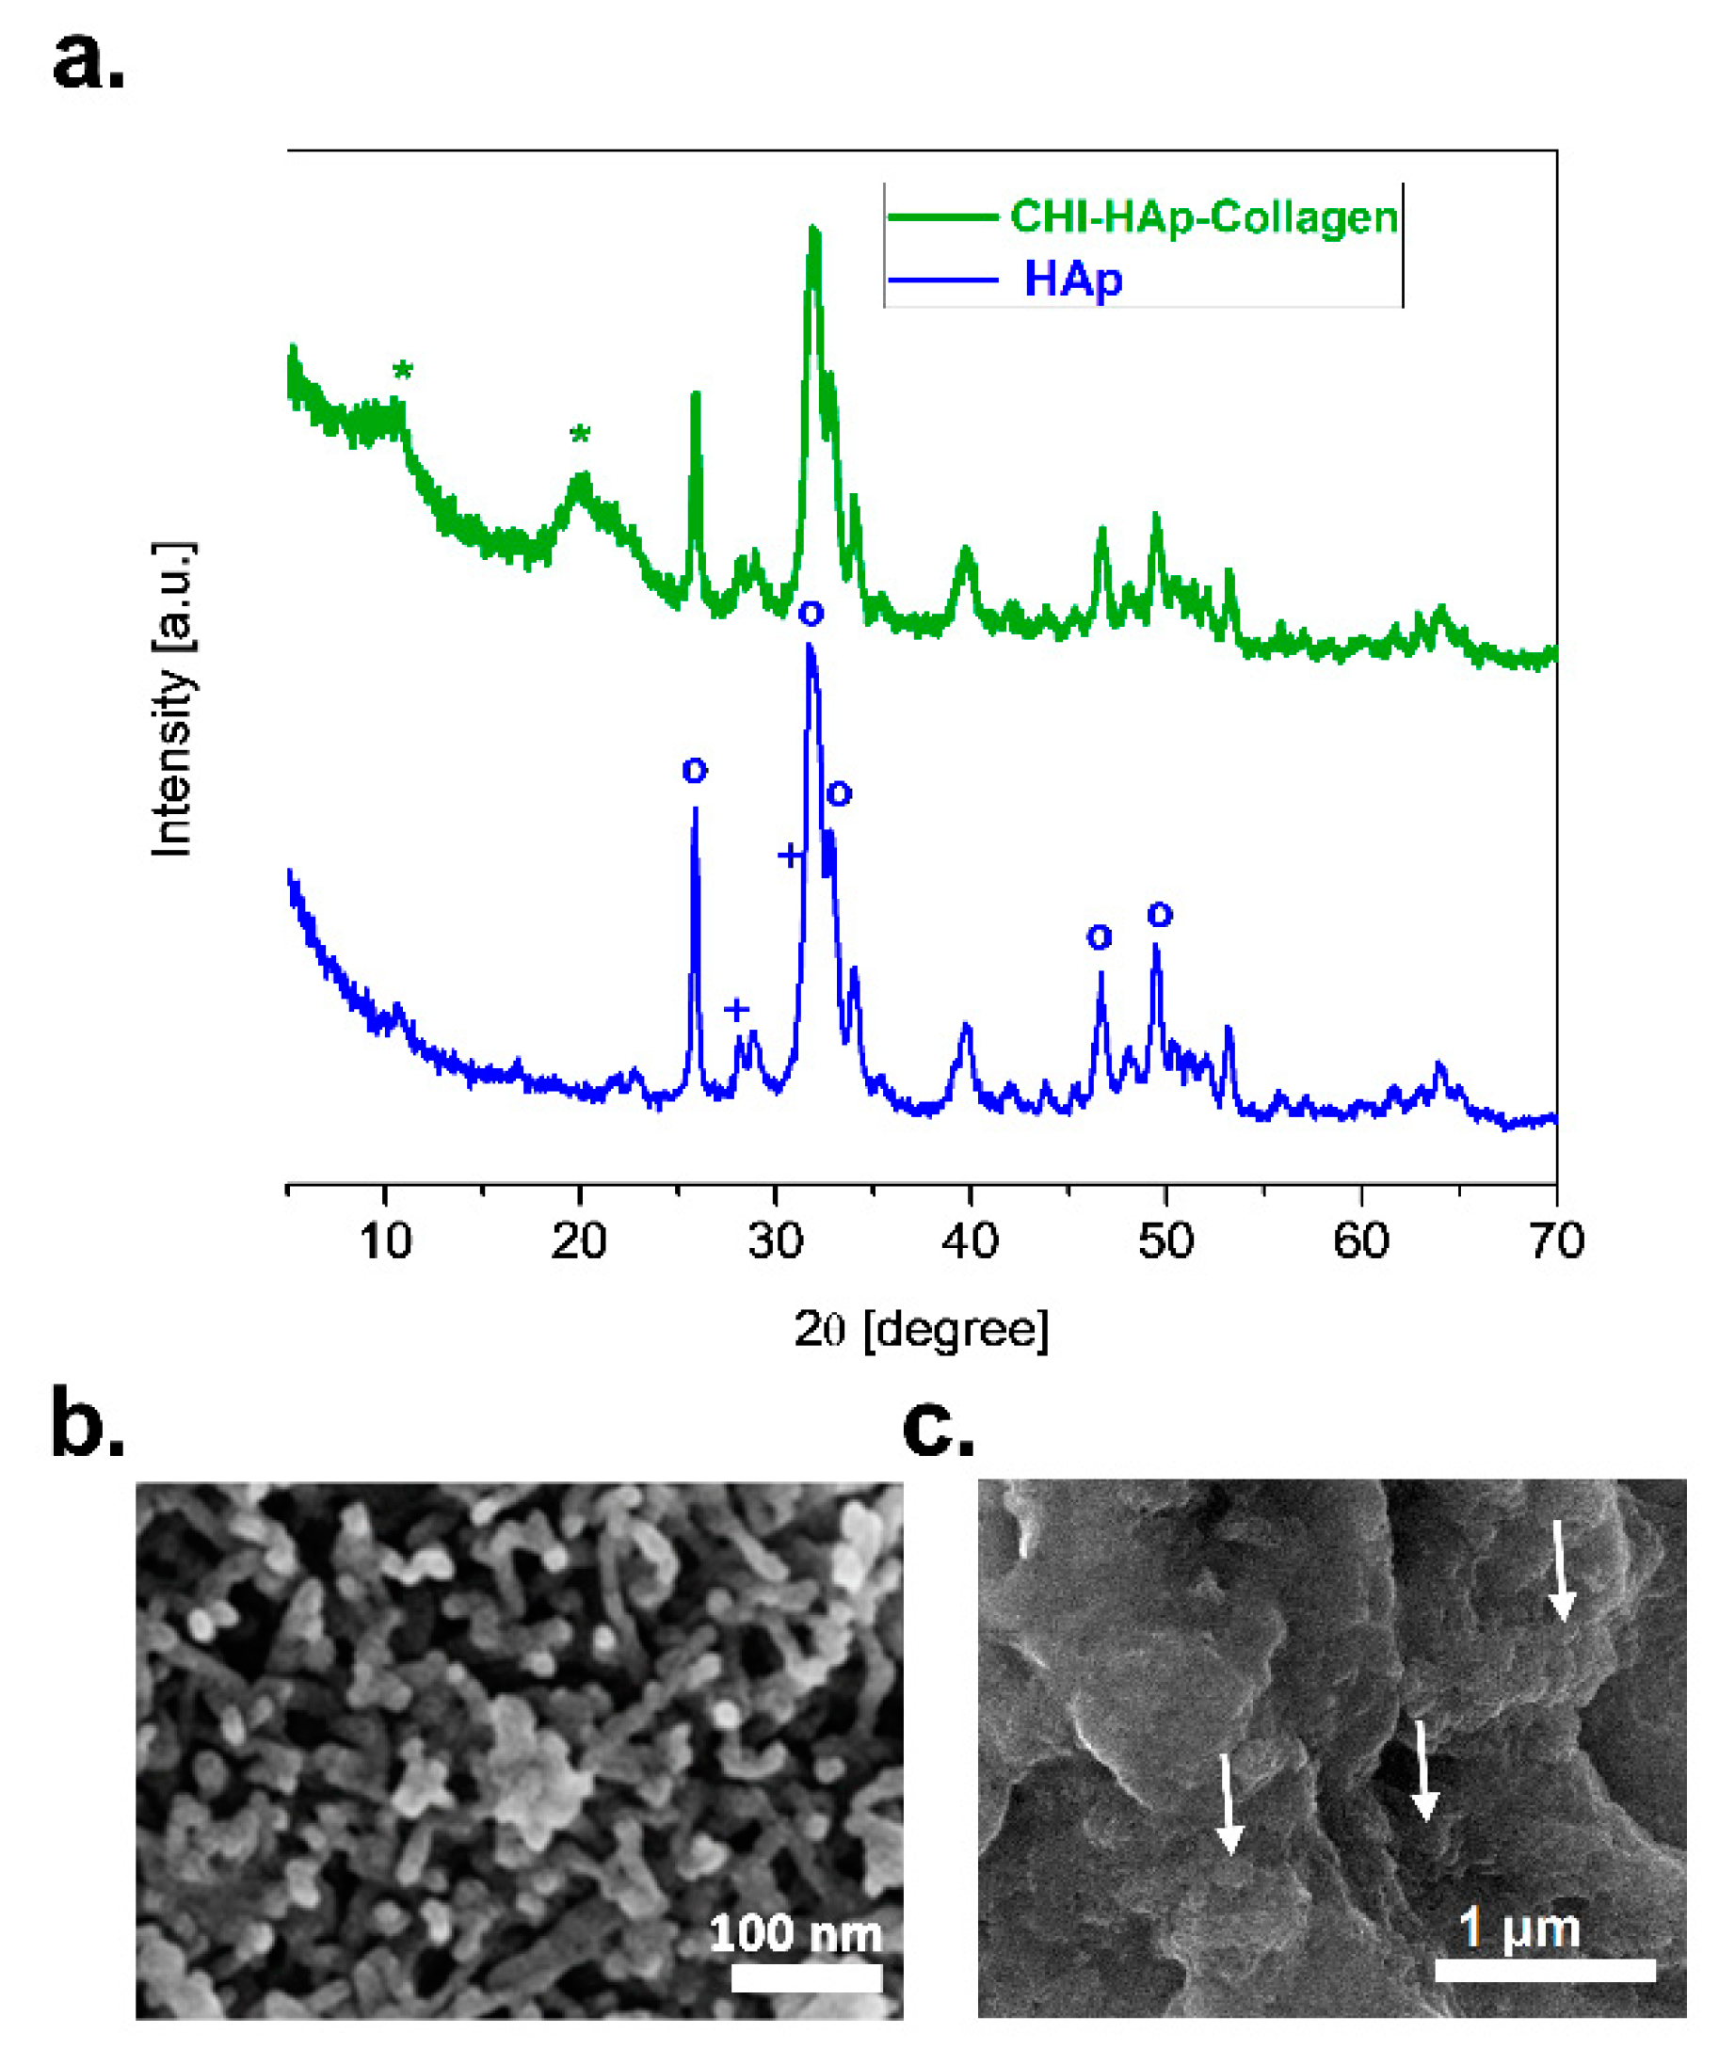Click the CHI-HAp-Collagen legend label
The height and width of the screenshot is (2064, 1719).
click(x=1203, y=217)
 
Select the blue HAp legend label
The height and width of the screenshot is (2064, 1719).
click(x=1072, y=280)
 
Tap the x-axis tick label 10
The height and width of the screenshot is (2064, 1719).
click(x=385, y=1240)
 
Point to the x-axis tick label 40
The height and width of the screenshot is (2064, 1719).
click(x=970, y=1240)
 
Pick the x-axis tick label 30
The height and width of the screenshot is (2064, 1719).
click(x=776, y=1240)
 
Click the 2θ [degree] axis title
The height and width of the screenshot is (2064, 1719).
click(x=921, y=1329)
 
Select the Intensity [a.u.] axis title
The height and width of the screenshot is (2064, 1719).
click(x=173, y=698)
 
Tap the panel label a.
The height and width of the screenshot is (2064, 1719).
click(x=88, y=61)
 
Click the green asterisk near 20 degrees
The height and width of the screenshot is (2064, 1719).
click(x=580, y=435)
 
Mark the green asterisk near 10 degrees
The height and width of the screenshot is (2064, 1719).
click(x=402, y=371)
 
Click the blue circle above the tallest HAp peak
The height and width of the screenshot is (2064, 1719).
click(x=811, y=615)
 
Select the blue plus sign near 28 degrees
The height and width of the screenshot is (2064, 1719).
click(x=736, y=1009)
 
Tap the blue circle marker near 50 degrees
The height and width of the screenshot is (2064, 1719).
click(x=1160, y=915)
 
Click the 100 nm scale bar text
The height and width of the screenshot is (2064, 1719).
click(x=795, y=1933)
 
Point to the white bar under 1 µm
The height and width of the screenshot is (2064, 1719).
click(x=1545, y=1970)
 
